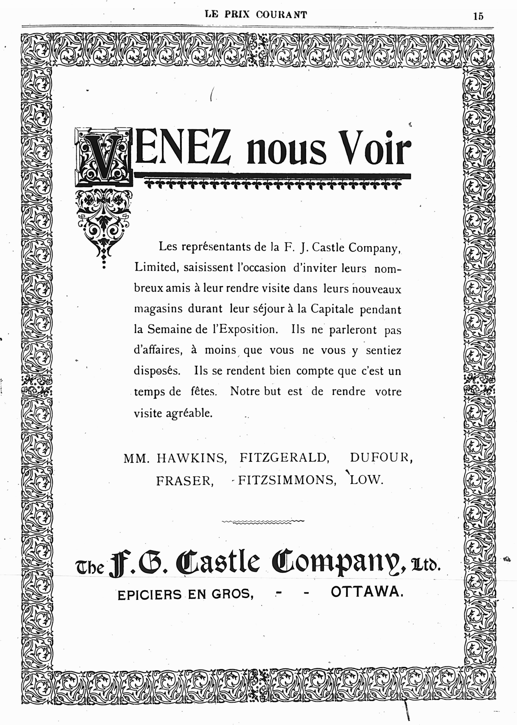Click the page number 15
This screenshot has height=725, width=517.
pos(478,16)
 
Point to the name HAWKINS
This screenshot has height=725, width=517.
pos(191,458)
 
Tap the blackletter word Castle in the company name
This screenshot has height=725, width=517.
pos(222,563)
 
